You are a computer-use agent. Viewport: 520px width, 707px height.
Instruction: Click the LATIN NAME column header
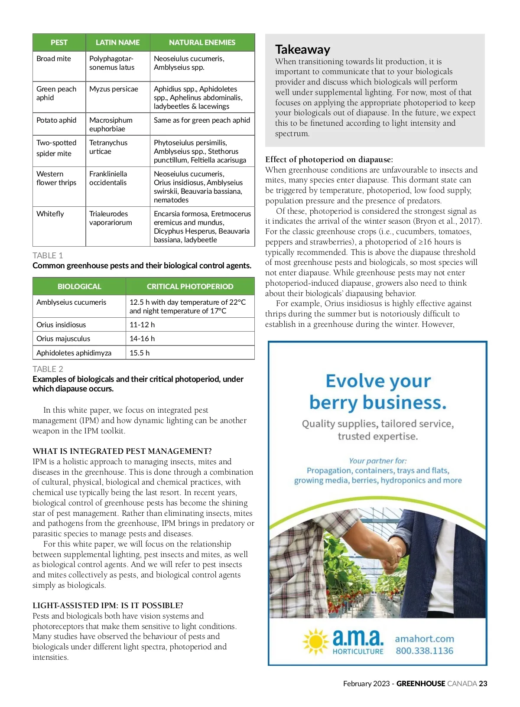117,42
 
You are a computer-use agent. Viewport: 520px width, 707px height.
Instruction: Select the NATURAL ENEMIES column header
202,42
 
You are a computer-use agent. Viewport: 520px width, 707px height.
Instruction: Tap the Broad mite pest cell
54,59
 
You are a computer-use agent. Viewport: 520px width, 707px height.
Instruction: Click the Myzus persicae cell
114,89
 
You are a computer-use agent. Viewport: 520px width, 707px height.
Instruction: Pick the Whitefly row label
50,214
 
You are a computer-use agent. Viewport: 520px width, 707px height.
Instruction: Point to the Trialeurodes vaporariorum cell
110,218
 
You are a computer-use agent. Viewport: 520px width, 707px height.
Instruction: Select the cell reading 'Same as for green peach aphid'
202,120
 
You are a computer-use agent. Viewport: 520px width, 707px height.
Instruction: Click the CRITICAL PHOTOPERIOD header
190,287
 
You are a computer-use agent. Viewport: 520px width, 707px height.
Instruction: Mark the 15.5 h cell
140,353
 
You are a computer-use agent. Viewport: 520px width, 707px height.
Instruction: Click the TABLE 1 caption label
48,255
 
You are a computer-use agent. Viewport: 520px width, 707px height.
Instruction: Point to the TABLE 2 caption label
48,369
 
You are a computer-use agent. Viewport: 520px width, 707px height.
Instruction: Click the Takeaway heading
302,49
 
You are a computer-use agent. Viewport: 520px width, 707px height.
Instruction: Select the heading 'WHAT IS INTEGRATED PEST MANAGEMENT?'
122,451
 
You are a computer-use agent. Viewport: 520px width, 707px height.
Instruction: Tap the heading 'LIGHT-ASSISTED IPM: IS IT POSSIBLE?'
108,606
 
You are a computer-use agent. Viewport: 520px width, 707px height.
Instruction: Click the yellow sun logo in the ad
316,641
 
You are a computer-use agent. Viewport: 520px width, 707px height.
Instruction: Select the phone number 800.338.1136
424,651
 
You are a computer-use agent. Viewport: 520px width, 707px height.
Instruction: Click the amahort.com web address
424,639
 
